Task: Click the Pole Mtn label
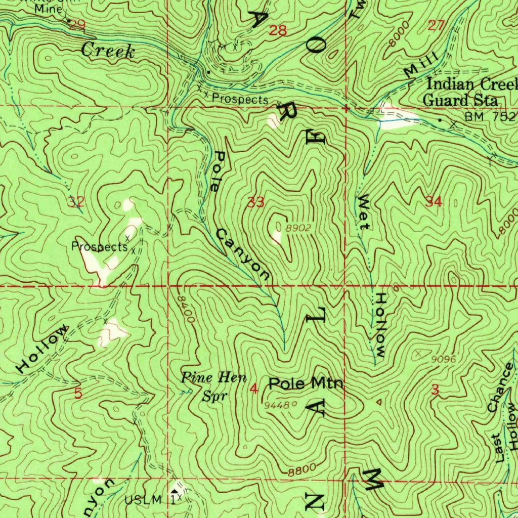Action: (306, 383)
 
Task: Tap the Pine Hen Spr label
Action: (214, 386)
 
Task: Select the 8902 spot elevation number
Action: (298, 228)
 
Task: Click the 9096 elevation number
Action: (444, 359)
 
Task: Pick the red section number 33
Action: (256, 203)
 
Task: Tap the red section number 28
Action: (278, 31)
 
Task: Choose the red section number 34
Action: (434, 202)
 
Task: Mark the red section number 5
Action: (78, 394)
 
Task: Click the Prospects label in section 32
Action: (99, 247)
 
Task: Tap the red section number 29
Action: (77, 26)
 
